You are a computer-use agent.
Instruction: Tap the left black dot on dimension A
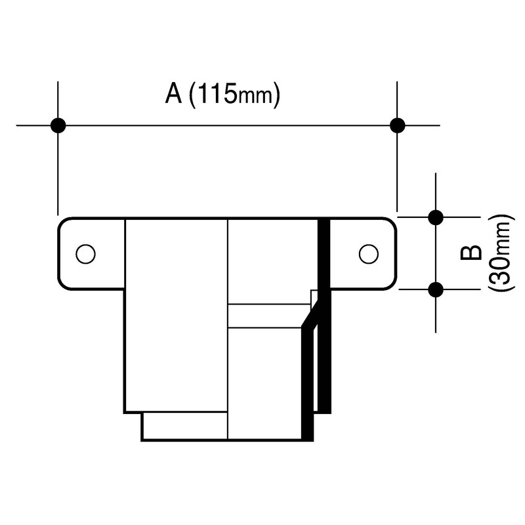(58, 125)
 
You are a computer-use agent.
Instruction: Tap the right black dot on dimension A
(396, 125)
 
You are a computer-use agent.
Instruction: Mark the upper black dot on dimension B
(435, 216)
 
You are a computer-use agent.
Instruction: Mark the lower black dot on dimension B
(435, 288)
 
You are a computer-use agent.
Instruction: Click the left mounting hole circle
(85, 253)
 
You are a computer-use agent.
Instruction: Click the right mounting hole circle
(368, 253)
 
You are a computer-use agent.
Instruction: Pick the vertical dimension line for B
(435, 252)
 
